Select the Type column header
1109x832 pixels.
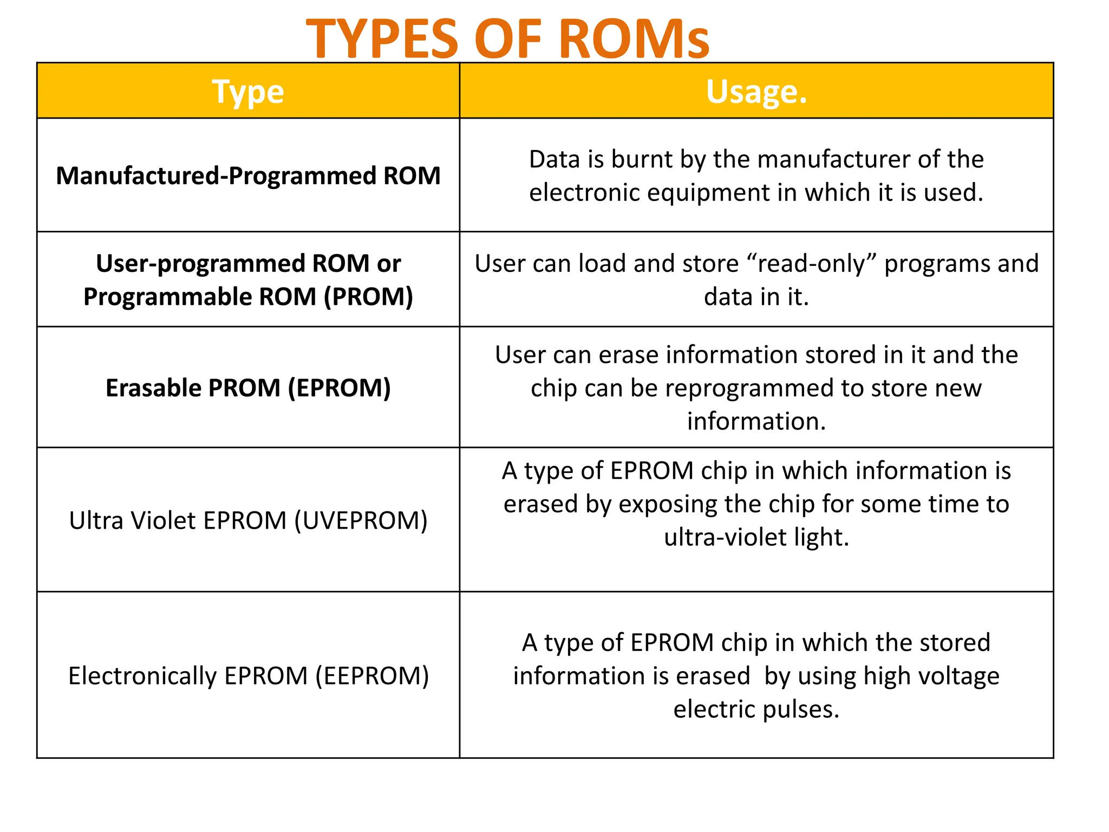pos(248,92)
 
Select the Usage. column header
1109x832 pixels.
pos(756,92)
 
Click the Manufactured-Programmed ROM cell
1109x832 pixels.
pos(248,175)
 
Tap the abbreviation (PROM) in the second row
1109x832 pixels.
pos(368,297)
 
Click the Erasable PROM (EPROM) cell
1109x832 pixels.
pos(248,388)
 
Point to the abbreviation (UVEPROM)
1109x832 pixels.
pos(361,521)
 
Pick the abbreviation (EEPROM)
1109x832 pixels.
pos(372,676)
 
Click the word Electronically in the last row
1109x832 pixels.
pos(142,676)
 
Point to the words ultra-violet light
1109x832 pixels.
pos(756,537)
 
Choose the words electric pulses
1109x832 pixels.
pos(756,709)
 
